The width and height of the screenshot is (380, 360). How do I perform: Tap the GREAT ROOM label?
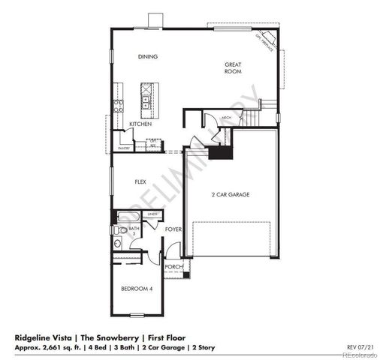[233, 68]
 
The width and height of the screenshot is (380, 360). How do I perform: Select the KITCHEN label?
[140, 124]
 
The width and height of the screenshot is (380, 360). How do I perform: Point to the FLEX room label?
[140, 182]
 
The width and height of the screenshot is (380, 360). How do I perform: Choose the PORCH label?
[173, 266]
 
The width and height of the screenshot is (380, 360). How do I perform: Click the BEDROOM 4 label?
[137, 289]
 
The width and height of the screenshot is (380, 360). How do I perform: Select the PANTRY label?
[123, 148]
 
